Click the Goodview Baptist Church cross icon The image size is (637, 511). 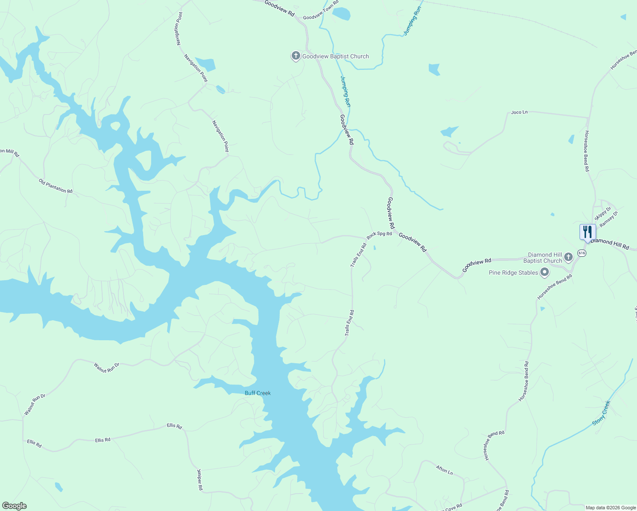[296, 56]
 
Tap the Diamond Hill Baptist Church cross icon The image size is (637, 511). [568, 257]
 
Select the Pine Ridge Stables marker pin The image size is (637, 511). [544, 272]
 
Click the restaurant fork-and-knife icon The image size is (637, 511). [588, 232]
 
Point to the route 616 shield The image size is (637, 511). [582, 253]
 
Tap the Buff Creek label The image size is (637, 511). [258, 393]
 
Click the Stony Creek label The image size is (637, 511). [601, 413]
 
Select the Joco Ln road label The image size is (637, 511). [519, 112]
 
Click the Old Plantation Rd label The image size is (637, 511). [55, 186]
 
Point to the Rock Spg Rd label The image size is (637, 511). [379, 234]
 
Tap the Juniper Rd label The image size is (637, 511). [200, 479]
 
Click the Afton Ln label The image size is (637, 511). [444, 470]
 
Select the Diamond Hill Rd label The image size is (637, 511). [610, 244]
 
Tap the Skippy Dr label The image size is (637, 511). [603, 213]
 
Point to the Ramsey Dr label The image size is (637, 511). [608, 219]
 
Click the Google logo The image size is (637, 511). [14, 506]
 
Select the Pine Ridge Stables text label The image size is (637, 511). [513, 273]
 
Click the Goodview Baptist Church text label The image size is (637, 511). [336, 56]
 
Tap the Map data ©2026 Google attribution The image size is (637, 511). [610, 508]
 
